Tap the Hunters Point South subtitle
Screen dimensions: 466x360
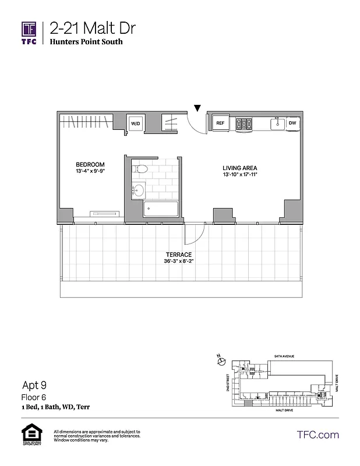click(x=86, y=42)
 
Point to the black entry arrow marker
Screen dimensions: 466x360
click(x=197, y=108)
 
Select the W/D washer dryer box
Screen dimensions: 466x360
click(x=136, y=123)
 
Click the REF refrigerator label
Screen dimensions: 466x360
click(x=221, y=123)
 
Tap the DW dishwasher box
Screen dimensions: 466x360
click(x=292, y=123)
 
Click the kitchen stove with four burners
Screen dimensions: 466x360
click(x=243, y=123)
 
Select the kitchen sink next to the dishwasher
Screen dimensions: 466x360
click(x=276, y=123)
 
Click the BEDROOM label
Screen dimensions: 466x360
click(x=90, y=164)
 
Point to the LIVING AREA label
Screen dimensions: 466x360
click(x=239, y=167)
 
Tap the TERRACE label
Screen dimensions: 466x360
click(x=178, y=255)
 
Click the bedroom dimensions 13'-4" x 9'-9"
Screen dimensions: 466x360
click(x=90, y=172)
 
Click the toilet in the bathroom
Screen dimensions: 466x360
click(x=140, y=170)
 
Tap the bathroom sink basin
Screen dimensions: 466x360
click(x=138, y=190)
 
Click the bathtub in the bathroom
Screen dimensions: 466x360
click(x=161, y=209)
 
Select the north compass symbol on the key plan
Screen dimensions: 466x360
click(x=221, y=362)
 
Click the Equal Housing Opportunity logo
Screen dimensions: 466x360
click(x=29, y=434)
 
